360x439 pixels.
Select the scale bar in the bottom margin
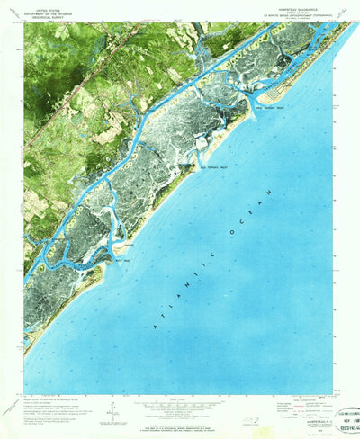pos(180,402)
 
